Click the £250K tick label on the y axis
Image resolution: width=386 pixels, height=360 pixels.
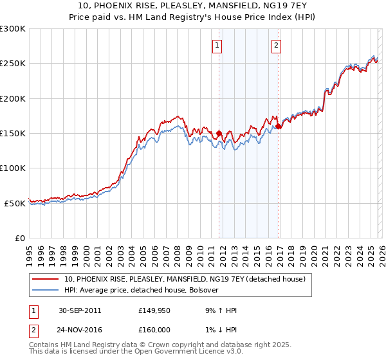point(13,64)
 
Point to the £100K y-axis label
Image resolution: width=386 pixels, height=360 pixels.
point(13,168)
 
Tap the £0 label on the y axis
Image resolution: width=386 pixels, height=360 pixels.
point(20,238)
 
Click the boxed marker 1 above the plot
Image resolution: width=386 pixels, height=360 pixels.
point(218,45)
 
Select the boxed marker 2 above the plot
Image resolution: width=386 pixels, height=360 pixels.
point(276,45)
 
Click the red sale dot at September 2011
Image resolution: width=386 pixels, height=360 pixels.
point(219,134)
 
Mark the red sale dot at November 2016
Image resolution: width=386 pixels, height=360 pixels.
point(279,127)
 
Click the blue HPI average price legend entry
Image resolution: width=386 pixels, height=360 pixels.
point(142,290)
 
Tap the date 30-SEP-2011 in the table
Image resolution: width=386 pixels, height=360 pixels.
point(80,310)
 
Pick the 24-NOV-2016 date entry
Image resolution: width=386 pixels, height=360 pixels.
point(80,330)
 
